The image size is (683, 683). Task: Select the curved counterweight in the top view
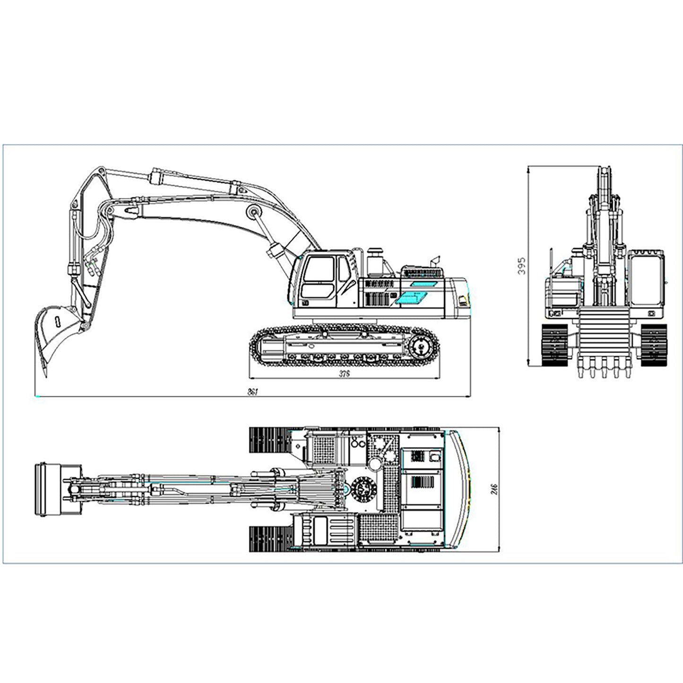click(x=458, y=489)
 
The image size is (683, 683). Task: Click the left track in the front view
click(x=554, y=345)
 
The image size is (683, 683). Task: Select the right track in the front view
click(x=654, y=345)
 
